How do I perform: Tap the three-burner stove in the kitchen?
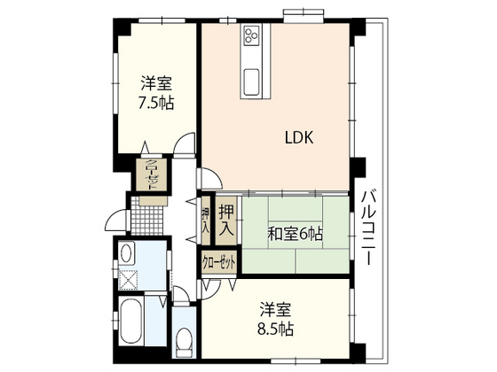(249, 36)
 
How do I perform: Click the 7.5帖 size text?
(155, 103)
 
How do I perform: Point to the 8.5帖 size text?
(277, 328)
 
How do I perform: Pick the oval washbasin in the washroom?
(127, 255)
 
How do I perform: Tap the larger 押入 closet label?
(226, 218)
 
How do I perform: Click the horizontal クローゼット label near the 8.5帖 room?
(219, 263)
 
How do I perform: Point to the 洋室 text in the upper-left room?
(155, 84)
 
